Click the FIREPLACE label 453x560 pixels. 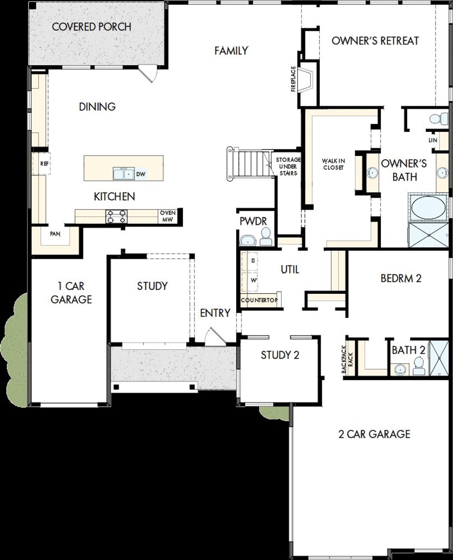tap(293, 79)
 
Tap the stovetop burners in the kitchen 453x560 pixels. tap(116, 216)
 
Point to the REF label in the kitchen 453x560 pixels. tap(44, 163)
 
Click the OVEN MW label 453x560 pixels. tap(167, 216)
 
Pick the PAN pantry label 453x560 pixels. tap(55, 234)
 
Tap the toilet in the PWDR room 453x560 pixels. tap(265, 236)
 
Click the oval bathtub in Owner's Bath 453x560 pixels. tap(427, 207)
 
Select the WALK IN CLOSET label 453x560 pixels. tap(333, 164)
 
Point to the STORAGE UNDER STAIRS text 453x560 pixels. tap(288, 166)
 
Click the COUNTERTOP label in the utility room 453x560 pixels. tap(259, 300)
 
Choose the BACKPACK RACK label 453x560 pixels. tap(347, 359)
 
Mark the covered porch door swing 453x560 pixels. tap(148, 74)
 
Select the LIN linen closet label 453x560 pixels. tap(433, 140)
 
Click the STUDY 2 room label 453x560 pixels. tap(280, 355)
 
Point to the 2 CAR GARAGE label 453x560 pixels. tap(374, 434)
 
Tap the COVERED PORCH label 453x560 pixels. tap(92, 27)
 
